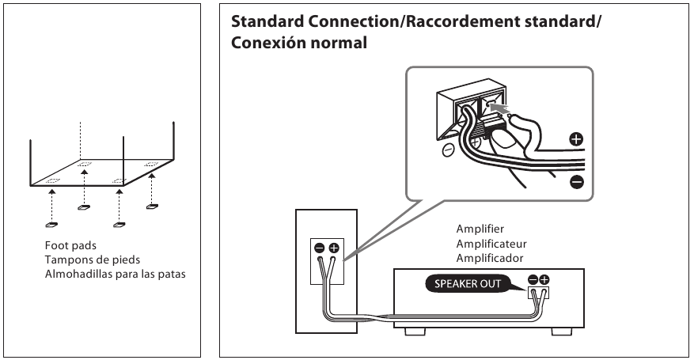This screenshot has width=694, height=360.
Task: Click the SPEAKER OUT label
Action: coord(468,284)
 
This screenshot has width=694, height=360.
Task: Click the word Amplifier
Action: coord(480,229)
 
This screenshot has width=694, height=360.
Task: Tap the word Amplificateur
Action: coord(491,244)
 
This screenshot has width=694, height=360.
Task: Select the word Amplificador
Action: coord(490,258)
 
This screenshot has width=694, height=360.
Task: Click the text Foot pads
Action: coord(70,245)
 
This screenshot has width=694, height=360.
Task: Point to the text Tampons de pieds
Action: coord(93,260)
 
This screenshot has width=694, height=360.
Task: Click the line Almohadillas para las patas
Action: coord(115,275)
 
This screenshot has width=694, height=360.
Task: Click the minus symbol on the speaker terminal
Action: coord(320,248)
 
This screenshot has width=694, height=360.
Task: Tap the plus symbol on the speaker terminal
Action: coord(333,248)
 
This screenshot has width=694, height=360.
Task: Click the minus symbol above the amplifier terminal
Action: coord(533,279)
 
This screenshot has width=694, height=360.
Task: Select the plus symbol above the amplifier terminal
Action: coord(544,279)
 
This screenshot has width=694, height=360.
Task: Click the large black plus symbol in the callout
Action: coord(576,139)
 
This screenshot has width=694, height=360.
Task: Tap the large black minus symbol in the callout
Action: coord(577,182)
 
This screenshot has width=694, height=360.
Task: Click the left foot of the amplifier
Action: coord(415,332)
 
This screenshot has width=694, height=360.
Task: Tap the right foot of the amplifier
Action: coord(562,332)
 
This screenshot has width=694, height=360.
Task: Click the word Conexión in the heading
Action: coord(267,43)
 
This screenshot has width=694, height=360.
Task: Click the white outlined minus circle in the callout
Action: coord(449,150)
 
